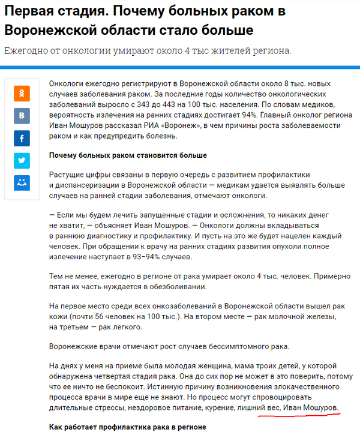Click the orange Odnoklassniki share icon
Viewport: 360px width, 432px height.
(22, 94)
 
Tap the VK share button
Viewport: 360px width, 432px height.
(22, 116)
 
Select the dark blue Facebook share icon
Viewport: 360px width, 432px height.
(22, 139)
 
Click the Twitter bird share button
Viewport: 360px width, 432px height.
(22, 161)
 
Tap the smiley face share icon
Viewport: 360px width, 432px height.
(22, 182)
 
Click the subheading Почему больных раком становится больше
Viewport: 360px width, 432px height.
(128, 155)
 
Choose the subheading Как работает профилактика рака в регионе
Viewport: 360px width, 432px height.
(127, 427)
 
